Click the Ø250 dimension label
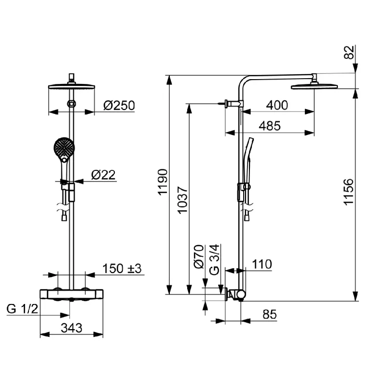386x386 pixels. click(x=119, y=106)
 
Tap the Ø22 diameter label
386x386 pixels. click(x=103, y=175)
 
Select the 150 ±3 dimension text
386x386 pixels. click(x=122, y=268)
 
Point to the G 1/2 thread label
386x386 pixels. click(x=22, y=309)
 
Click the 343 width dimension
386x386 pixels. click(x=71, y=328)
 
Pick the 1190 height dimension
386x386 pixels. click(x=163, y=182)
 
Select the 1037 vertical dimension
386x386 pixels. click(x=182, y=200)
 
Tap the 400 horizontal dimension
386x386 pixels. click(x=277, y=105)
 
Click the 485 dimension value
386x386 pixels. click(x=270, y=126)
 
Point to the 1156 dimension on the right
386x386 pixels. click(x=348, y=192)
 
